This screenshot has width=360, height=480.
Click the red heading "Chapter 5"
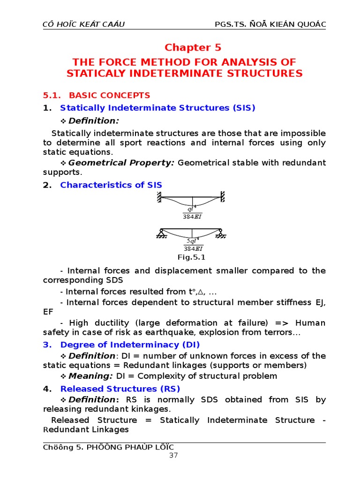pos(193,47)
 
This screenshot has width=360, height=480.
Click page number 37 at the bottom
pos(173,455)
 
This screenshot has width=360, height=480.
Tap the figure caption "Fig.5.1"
pos(191,257)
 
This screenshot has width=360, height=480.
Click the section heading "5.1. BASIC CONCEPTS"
pos(97,95)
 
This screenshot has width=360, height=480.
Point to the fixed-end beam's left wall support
pos(159,197)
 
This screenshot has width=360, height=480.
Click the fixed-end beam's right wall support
pos(223,197)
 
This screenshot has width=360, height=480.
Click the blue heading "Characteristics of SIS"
pos(111,185)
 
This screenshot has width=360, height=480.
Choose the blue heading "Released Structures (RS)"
pos(120,389)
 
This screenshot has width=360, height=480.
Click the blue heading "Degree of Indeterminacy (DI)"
pos(126,345)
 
